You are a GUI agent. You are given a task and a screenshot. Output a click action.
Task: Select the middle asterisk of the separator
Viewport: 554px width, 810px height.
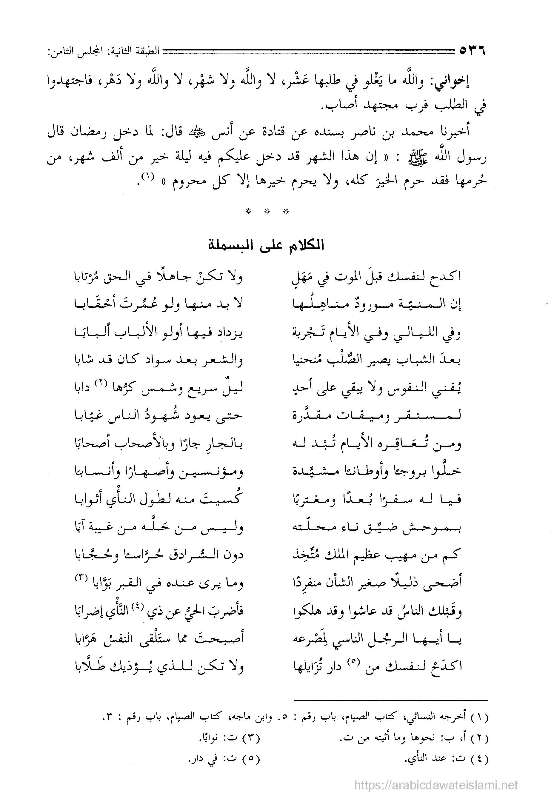click(267, 211)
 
